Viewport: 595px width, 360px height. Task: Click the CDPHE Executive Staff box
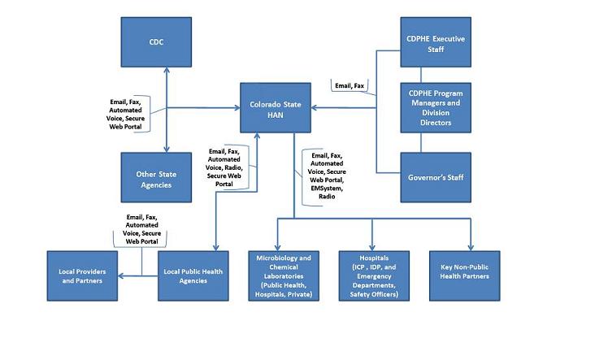tap(436, 41)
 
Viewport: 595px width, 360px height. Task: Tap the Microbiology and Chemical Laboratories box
tap(281, 276)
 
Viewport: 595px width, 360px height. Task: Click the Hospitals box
tap(372, 276)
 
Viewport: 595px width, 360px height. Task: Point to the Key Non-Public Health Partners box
tap(464, 276)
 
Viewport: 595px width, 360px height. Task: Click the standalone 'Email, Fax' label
tap(351, 85)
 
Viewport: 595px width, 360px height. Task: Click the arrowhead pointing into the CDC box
tap(167, 72)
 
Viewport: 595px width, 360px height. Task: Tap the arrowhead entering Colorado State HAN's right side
tap(318, 108)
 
